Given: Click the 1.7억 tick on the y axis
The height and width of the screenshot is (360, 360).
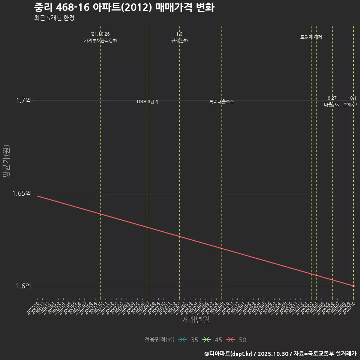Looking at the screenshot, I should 23,100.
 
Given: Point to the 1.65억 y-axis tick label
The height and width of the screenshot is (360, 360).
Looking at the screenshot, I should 21,193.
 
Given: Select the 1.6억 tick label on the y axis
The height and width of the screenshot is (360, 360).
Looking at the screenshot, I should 23,286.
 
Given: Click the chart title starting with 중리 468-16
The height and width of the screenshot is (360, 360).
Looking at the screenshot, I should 124,7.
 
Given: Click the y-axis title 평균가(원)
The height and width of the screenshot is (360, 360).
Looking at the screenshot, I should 6,161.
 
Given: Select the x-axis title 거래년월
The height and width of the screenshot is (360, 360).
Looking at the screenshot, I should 195,319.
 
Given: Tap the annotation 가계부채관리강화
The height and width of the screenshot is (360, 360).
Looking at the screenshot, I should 100,40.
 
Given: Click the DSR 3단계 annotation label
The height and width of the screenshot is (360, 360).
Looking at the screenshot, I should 148,102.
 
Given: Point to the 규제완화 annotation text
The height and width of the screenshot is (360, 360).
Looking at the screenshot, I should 179,40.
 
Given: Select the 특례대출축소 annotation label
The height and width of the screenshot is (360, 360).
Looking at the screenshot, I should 222,102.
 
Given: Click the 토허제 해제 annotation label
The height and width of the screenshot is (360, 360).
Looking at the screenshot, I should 311,37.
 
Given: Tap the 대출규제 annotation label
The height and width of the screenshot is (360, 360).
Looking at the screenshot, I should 332,105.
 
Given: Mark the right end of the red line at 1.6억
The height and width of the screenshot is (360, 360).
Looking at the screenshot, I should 353,286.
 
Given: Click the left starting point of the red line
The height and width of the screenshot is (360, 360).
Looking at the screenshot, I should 37,196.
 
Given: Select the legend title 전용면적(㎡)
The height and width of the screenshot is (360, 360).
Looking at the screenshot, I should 159,340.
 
